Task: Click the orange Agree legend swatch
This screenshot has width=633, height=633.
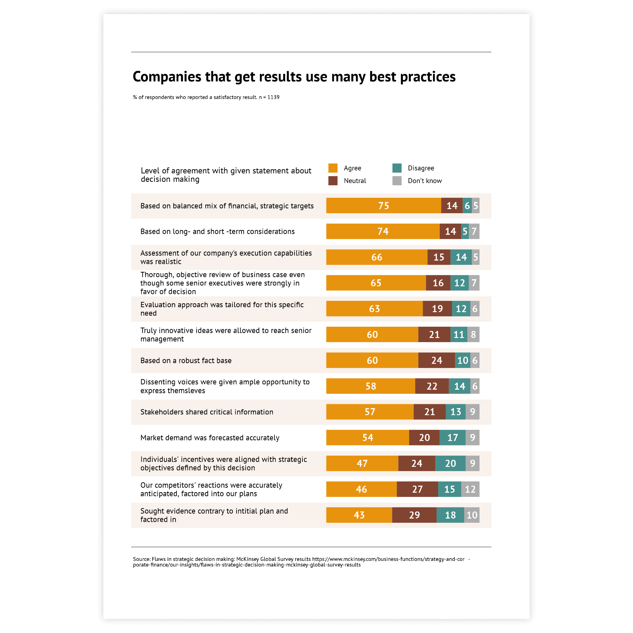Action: tap(333, 168)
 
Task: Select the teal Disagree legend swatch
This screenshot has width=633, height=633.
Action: tap(397, 168)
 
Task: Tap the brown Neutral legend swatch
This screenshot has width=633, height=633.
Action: tap(333, 181)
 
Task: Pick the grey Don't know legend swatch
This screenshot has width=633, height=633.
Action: tap(397, 181)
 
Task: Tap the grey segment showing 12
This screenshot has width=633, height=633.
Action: tap(470, 489)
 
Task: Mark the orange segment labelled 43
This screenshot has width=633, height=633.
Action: tap(359, 515)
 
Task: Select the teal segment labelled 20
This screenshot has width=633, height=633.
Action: tap(450, 463)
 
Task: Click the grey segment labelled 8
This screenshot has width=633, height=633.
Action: tap(473, 334)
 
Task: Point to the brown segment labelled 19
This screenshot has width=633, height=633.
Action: tap(437, 309)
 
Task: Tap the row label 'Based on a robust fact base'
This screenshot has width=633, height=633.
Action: tap(186, 360)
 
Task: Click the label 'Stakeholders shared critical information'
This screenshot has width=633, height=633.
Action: tap(207, 412)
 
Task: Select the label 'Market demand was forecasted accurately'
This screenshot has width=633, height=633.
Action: tap(210, 438)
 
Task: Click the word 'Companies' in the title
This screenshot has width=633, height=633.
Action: tap(167, 77)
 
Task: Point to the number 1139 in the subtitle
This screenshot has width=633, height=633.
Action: tap(273, 97)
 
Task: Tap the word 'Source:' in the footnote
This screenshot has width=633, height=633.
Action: tap(142, 559)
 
